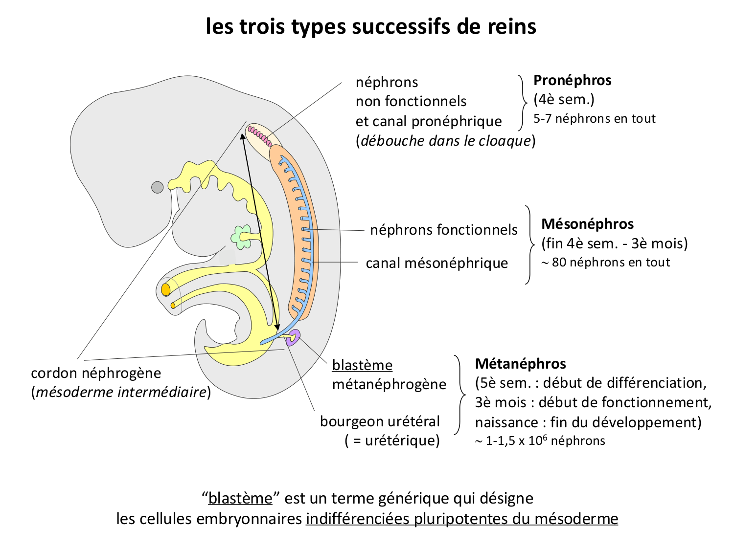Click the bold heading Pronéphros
572,80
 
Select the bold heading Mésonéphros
587,224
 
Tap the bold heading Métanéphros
520,364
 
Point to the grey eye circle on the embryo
157,187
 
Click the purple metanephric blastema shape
294,337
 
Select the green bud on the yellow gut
241,237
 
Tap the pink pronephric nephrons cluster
260,136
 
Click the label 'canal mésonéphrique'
436,263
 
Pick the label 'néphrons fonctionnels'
443,230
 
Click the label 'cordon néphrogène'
96,373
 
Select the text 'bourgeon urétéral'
380,421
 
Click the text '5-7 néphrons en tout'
594,119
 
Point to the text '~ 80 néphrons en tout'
605,263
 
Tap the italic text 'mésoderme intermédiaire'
121,392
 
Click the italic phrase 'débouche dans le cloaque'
445,141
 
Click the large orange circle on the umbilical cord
166,289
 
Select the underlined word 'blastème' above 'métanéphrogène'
362,365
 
